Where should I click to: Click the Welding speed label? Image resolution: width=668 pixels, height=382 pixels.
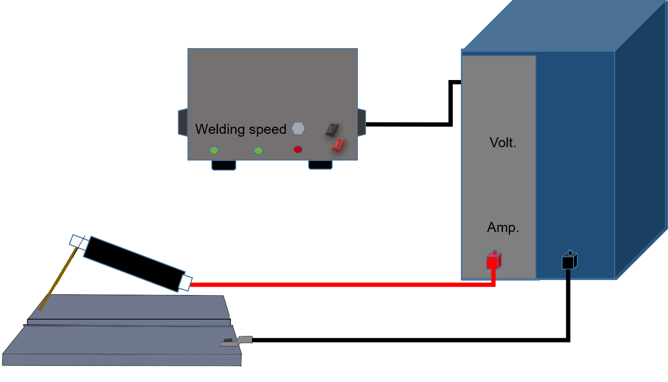click(240, 130)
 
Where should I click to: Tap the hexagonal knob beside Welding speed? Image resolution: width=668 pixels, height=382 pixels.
click(298, 129)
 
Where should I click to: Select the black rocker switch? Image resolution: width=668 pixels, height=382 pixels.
click(332, 130)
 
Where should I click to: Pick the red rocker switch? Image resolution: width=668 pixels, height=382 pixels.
click(339, 145)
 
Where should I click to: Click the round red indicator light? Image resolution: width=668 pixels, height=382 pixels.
click(298, 150)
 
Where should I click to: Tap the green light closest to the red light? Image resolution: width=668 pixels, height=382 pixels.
click(258, 151)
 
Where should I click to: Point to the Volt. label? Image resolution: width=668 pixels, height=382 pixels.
click(503, 143)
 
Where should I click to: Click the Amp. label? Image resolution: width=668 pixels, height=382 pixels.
click(503, 228)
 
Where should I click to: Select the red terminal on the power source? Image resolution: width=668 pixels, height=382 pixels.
click(493, 261)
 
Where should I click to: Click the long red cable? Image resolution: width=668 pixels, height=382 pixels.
click(334, 285)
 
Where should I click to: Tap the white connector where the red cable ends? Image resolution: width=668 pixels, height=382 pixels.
click(185, 283)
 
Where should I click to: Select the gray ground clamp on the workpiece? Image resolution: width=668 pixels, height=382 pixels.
click(236, 342)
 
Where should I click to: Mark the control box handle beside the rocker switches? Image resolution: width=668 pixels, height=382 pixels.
click(362, 122)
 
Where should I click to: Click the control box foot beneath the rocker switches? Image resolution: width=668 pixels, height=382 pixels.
click(320, 165)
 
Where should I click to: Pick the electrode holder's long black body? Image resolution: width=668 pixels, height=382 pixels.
click(134, 263)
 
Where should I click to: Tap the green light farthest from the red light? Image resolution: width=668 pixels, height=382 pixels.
click(214, 150)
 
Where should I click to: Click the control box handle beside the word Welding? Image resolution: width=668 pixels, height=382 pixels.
click(183, 122)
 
